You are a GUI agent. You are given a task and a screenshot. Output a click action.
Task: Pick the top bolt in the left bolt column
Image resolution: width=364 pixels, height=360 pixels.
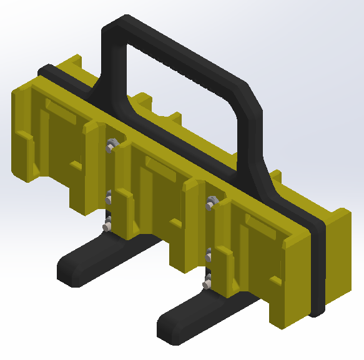pos(111,145)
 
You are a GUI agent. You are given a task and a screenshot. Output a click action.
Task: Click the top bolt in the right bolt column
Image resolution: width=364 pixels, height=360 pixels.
pos(210,201)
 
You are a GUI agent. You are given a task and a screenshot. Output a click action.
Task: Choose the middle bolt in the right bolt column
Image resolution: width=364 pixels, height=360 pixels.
pos(209,255)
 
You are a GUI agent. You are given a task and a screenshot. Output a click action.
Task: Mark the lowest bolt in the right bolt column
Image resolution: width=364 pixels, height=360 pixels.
pos(207,284)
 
